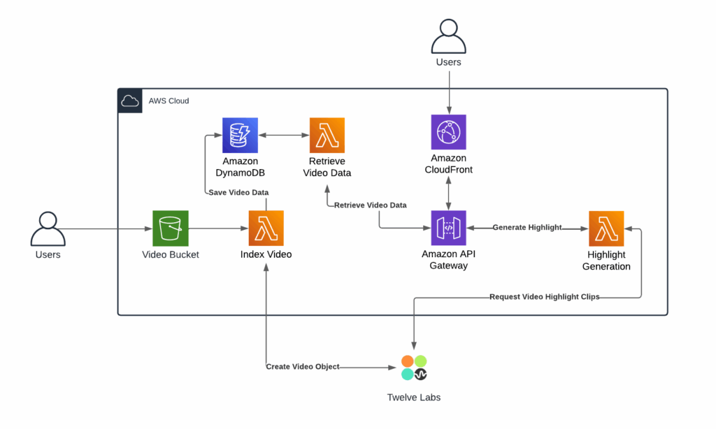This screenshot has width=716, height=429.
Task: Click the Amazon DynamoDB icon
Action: coord(240,135)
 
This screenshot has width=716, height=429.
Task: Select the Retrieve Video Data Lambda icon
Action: coord(327,135)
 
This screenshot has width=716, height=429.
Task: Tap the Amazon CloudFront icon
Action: coord(448,132)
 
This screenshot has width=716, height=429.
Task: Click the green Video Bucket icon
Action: coord(170,228)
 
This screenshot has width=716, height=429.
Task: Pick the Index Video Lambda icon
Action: coord(266,228)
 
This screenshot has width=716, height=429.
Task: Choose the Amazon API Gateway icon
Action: coord(448,228)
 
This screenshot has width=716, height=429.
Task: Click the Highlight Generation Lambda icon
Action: coord(606,228)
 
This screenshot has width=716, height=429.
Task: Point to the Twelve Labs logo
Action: coord(414,368)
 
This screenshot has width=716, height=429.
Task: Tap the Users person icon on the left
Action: coord(48,228)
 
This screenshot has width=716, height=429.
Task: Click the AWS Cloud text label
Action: coord(169,101)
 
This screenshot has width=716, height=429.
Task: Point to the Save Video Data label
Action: coord(238,192)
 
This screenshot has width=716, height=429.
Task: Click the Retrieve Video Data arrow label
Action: coord(370,205)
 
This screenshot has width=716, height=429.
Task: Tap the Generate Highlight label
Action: coord(527,228)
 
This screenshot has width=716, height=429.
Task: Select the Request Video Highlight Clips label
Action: coord(544,297)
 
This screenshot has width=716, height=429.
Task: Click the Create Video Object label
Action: coord(302,367)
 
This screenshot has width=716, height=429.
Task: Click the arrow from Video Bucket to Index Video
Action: coord(217,228)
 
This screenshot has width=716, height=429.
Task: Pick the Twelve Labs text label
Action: coord(414,398)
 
